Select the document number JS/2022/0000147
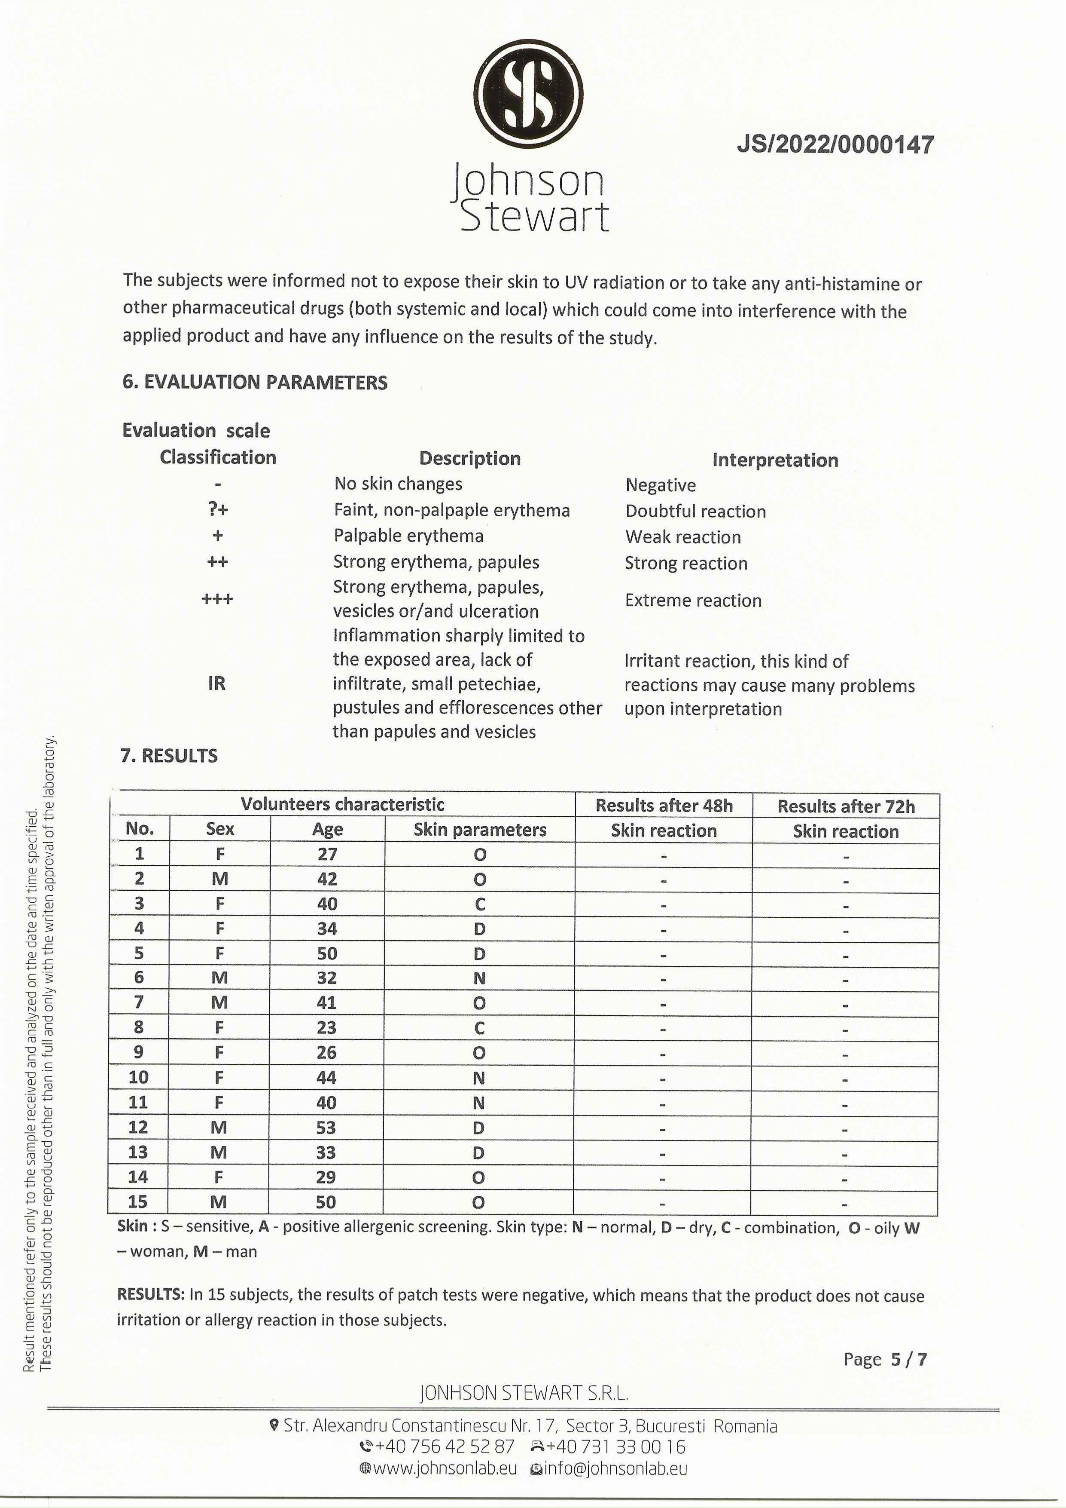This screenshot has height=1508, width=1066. pos(835,144)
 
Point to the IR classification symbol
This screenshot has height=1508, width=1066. pos(216,684)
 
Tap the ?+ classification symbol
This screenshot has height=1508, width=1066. pos(217,510)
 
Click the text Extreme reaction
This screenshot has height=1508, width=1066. pos(693,600)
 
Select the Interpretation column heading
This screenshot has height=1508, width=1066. pos(775,460)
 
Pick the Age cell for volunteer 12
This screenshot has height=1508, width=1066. pos(326,1127)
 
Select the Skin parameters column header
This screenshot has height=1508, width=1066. pos(480,830)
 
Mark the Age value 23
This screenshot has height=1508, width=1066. pos(326,1027)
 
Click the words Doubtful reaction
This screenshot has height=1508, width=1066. pos(695,511)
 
